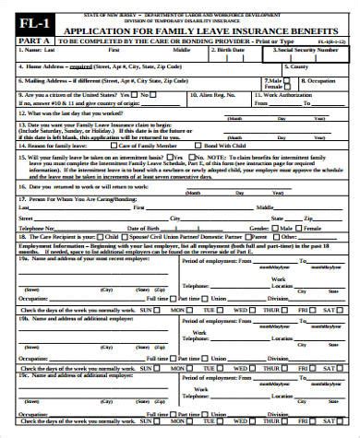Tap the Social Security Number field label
pos(306,53)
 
